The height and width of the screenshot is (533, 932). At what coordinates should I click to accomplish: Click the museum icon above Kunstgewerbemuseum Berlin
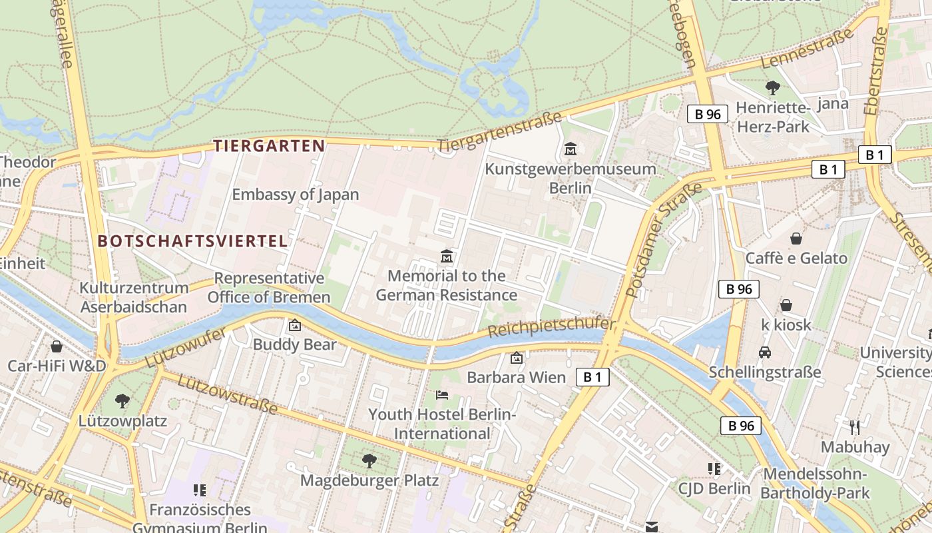tap(571, 149)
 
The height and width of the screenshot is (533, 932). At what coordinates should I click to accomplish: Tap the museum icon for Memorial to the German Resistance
tap(447, 256)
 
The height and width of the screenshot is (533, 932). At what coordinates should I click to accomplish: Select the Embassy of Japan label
tap(295, 195)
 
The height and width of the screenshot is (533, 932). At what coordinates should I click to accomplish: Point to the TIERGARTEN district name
tap(269, 145)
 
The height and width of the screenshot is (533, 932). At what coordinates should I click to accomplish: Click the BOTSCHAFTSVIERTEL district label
tap(193, 241)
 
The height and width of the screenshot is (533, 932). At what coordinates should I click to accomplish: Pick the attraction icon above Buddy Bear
tap(294, 325)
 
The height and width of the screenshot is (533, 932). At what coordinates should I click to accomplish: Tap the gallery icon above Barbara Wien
tap(516, 358)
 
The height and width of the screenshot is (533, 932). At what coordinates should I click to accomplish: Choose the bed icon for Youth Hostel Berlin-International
tap(442, 394)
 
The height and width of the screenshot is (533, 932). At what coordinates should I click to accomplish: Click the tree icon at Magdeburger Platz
tap(369, 460)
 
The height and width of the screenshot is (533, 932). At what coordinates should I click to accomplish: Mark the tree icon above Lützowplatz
tap(122, 401)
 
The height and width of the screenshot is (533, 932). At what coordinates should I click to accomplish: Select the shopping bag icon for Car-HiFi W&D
tap(57, 346)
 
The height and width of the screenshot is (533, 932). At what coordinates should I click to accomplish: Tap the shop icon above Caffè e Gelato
tap(796, 239)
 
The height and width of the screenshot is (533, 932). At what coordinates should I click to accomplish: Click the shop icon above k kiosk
tap(786, 305)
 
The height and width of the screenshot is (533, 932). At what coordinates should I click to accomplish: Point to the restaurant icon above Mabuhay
tap(855, 427)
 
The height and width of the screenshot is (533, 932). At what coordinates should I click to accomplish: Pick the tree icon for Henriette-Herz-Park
tap(773, 87)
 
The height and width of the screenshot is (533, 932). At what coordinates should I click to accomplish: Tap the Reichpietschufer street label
tap(552, 326)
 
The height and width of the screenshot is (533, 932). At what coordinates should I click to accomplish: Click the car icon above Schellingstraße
tap(765, 352)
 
